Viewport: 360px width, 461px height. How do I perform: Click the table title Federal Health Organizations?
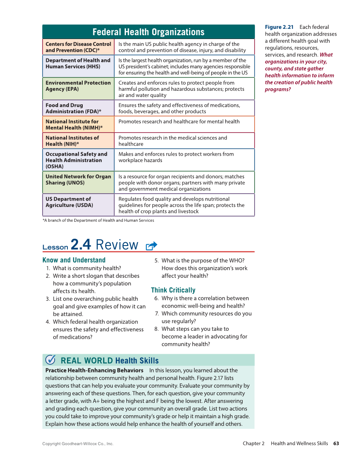148,32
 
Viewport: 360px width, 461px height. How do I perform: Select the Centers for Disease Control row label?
78,47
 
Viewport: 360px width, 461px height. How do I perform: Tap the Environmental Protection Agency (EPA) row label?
78,86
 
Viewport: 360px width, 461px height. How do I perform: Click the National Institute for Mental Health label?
74,124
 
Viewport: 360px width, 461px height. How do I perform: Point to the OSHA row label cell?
76,160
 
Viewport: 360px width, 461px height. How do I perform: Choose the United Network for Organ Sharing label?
78,179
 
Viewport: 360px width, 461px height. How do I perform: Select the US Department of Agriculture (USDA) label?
69,202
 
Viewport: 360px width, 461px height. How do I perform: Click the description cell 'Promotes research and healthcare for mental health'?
179,122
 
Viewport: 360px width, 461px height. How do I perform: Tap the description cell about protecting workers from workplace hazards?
176,157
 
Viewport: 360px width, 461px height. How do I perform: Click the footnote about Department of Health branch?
98,220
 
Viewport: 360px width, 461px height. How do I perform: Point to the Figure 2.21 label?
279,27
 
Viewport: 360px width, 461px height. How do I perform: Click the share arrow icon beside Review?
151,246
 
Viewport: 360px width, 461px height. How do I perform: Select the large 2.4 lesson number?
81,245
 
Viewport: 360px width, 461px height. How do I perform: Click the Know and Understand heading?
74,260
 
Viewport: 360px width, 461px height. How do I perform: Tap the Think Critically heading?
173,290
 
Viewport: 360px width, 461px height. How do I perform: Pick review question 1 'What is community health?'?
87,268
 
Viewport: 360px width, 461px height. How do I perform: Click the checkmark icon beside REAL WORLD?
50,360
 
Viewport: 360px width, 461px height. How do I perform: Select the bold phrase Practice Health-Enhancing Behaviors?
94,370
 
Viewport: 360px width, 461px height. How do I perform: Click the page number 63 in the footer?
336,443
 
